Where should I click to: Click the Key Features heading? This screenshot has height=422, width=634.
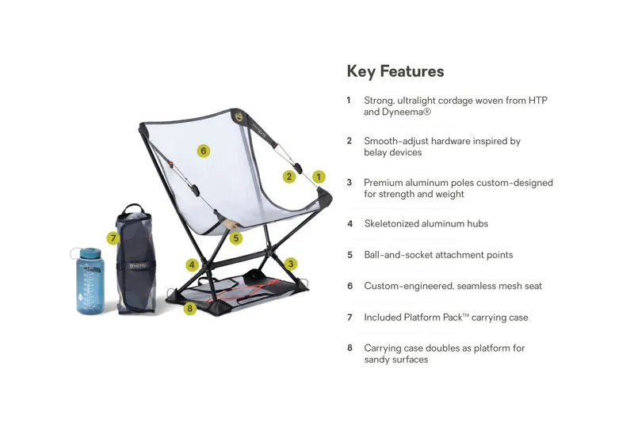[x=395, y=71]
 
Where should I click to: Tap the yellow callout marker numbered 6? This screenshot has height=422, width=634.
[x=204, y=150]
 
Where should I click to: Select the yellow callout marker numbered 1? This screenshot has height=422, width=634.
[x=319, y=177]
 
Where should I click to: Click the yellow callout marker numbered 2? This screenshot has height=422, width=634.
[x=289, y=177]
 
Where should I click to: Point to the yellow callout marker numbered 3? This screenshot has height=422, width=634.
[x=291, y=264]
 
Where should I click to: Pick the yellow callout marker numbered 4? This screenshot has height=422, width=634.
[x=192, y=265]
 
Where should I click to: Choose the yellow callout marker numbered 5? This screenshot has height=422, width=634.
[x=235, y=237]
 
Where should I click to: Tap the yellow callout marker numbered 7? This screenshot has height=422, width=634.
[x=113, y=238]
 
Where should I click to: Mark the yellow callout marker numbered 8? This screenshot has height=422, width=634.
[x=189, y=309]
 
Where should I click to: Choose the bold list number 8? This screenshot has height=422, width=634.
[x=349, y=348]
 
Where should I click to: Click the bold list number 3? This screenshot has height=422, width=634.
[x=349, y=183]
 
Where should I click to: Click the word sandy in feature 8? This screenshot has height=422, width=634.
[x=377, y=359]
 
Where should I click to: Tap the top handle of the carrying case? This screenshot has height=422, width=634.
[x=135, y=208]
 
